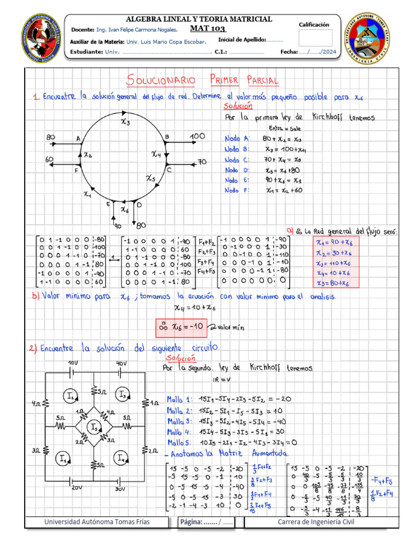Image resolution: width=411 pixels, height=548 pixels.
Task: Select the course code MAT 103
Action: click(x=208, y=28)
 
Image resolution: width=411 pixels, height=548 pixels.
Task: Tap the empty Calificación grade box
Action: click(x=315, y=38)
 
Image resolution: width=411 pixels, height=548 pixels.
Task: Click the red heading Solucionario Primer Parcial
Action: click(x=203, y=81)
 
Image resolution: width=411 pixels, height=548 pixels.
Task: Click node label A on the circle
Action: click(x=78, y=139)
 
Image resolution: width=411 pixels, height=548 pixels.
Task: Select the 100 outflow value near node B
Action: click(x=197, y=137)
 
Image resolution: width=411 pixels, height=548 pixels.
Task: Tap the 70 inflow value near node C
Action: click(x=202, y=162)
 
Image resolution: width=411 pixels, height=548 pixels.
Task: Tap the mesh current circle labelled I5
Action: click(x=95, y=428)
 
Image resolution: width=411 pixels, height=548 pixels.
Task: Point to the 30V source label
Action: click(x=119, y=489)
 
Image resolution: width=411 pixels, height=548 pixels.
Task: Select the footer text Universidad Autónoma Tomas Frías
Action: click(x=97, y=521)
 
